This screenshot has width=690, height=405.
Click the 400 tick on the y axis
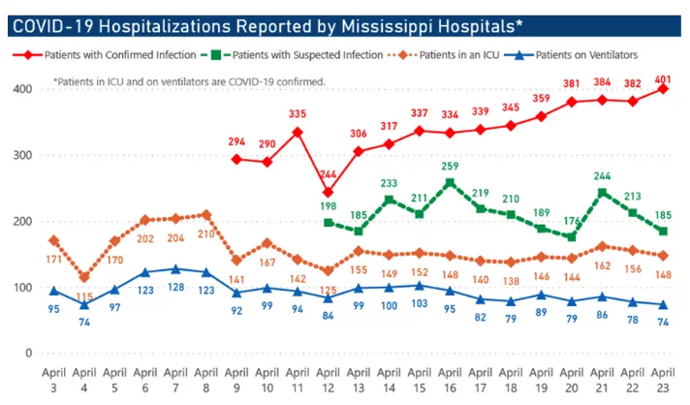click(20, 89)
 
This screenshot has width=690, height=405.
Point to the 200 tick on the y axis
click(20, 221)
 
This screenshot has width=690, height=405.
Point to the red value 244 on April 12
click(329, 175)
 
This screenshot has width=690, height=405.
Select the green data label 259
click(451, 166)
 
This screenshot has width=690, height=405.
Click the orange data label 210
click(206, 233)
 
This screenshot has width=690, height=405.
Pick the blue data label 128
click(175, 287)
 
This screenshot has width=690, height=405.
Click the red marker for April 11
click(298, 132)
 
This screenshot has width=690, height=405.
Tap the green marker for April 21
click(604, 192)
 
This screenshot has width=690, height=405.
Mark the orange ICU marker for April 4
click(84, 277)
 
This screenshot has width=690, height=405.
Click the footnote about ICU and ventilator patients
click(189, 82)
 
